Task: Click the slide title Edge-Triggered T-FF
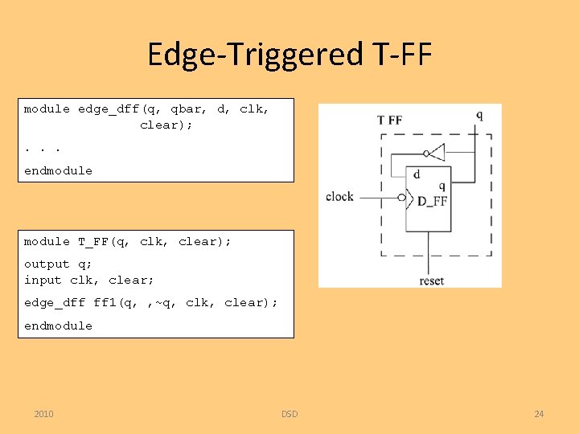tap(289, 55)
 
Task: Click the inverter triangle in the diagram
tap(437, 152)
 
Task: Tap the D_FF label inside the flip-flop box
tap(433, 201)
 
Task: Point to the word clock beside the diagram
tap(339, 196)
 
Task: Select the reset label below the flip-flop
tap(432, 280)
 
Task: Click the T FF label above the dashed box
tap(390, 121)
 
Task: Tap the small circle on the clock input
tap(401, 196)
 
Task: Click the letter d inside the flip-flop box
tap(417, 174)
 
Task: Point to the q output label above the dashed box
tap(479, 115)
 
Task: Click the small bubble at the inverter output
tap(424, 152)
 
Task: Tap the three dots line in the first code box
tap(43, 148)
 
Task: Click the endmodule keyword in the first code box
tap(58, 170)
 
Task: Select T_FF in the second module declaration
tap(93, 241)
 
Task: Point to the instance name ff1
tap(105, 302)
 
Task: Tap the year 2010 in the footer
tap(44, 414)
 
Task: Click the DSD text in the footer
tap(289, 414)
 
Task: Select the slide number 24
tap(539, 414)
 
